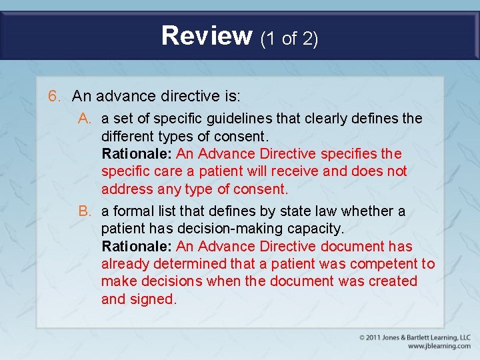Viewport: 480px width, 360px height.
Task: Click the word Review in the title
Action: (x=207, y=35)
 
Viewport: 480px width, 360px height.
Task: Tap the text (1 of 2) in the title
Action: (x=289, y=38)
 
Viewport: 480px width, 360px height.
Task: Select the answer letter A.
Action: (x=85, y=119)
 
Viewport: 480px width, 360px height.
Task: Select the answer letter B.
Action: (x=85, y=211)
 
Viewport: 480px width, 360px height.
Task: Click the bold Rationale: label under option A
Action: (x=137, y=154)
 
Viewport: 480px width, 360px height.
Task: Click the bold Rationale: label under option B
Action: (x=137, y=247)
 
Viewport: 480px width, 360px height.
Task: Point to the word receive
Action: (x=292, y=171)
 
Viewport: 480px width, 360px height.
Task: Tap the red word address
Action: (x=127, y=189)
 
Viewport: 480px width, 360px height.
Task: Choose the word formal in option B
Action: (x=135, y=211)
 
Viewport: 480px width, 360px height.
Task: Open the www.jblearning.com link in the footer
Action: (x=439, y=346)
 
